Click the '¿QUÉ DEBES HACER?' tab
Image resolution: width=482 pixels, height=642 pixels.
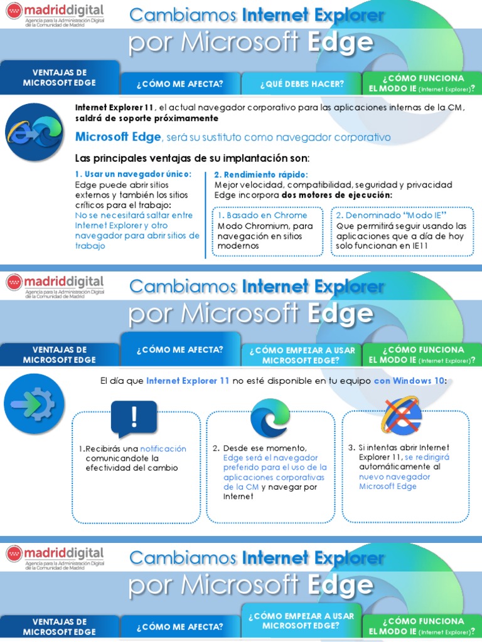pos(301,83)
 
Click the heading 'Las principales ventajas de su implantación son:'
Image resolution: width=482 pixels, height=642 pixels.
pos(192,157)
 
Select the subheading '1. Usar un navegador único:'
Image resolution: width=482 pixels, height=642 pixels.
pos(133,174)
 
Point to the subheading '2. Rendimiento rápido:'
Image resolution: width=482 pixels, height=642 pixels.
pos(261,174)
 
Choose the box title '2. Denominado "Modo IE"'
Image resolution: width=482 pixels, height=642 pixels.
pos(387,215)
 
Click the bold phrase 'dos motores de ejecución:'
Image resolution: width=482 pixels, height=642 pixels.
pos(337,195)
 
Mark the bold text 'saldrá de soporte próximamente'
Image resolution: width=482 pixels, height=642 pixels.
pos(147,118)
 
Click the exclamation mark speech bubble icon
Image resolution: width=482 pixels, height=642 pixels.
pos(134,418)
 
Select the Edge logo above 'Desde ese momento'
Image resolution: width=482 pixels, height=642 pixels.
pos(270,418)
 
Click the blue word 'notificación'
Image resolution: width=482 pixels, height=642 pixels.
pos(163,449)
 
